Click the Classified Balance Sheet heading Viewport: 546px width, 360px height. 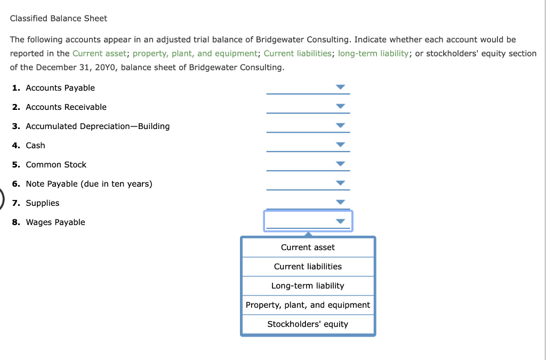[59, 18]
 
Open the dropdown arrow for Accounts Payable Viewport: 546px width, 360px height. [340, 87]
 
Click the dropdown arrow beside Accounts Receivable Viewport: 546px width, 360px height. [340, 106]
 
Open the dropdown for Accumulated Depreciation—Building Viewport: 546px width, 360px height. [340, 125]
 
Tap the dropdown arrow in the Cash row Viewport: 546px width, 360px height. [340, 145]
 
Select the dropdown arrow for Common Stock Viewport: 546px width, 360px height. [340, 164]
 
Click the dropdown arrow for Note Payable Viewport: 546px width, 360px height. [340, 183]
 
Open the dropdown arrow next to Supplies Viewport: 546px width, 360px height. [340, 202]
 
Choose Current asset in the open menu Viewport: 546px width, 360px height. [308, 247]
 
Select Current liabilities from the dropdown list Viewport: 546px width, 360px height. [308, 267]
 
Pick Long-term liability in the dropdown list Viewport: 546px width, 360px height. [308, 286]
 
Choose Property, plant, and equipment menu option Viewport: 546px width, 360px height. [308, 305]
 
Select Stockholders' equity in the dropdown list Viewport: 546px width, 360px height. [308, 324]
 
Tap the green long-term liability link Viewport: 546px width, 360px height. [374, 53]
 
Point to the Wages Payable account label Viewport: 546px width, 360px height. [55, 222]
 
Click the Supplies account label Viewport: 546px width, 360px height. [43, 203]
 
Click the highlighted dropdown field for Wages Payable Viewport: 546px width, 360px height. [301, 221]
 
